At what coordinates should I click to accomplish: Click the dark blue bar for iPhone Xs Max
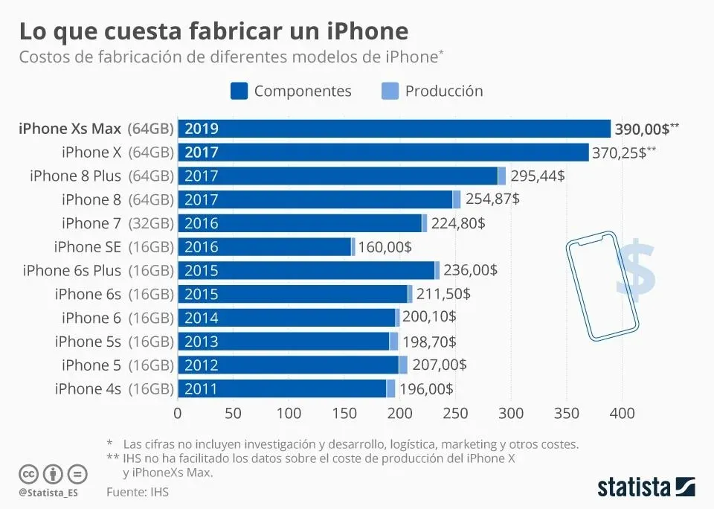[x=394, y=129]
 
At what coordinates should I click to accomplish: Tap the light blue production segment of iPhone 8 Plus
[x=502, y=176]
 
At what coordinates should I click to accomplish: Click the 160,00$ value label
[x=385, y=247]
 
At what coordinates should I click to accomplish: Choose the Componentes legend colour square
[x=239, y=91]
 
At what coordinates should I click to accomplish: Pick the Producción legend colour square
[x=390, y=91]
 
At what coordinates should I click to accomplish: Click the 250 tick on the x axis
[x=454, y=413]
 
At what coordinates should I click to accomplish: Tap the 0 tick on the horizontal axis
[x=177, y=413]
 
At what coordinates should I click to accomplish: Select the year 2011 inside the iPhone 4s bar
[x=201, y=388]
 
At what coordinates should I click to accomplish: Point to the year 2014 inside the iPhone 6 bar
[x=201, y=318]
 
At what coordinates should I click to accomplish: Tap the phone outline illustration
[x=602, y=286]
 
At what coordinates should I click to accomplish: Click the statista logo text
[x=634, y=487]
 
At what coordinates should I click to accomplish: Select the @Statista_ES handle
[x=48, y=493]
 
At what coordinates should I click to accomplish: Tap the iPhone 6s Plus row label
[x=97, y=270]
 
